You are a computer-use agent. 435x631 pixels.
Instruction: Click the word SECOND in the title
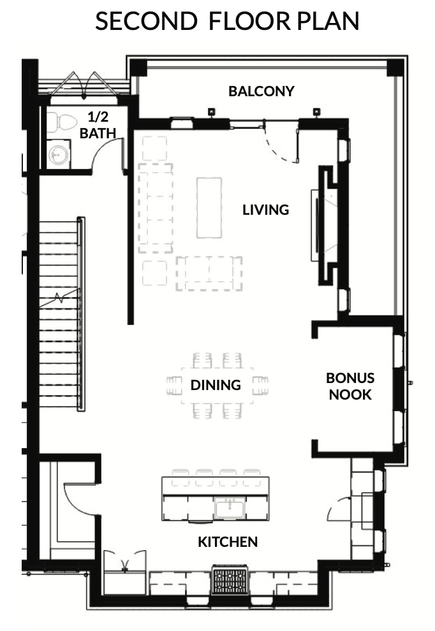pos(146,21)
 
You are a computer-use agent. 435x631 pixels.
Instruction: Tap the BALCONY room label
pos(262,91)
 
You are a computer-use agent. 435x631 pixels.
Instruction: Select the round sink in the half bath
pos(59,154)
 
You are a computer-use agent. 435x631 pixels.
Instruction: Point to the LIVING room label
pos(266,210)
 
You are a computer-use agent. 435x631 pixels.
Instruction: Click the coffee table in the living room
pos(209,208)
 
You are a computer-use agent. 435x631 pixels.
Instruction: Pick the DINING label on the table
pos(216,385)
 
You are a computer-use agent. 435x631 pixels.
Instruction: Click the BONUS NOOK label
pos(350,386)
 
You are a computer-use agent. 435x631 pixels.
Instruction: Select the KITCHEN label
pos(228,542)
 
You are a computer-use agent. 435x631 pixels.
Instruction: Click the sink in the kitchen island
pos(229,508)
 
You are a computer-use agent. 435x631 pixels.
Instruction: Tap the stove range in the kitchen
pos(230,579)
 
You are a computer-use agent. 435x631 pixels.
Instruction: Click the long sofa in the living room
pos(156,208)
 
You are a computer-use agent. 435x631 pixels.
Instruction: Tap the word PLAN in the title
pos(328,21)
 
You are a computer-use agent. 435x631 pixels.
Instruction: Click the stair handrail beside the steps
pos(81,314)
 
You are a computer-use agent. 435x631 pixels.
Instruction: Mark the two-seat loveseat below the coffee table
pos(209,273)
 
